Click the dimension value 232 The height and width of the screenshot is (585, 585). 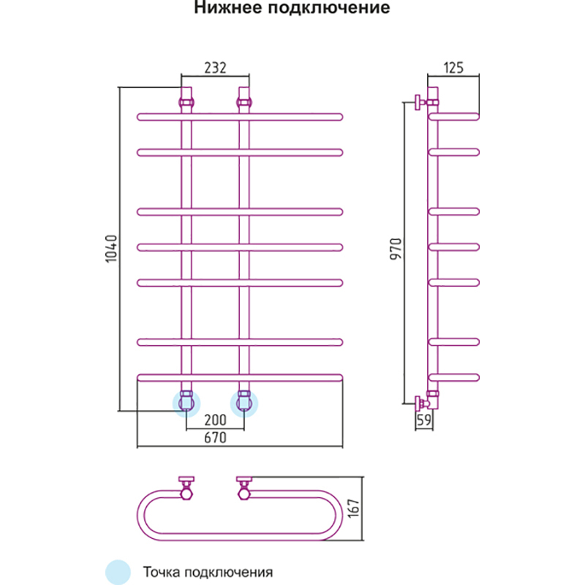(x=215, y=68)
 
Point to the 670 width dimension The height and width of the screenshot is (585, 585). (x=215, y=438)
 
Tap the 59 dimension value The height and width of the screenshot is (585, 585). (x=423, y=420)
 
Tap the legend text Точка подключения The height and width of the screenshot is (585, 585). (x=208, y=572)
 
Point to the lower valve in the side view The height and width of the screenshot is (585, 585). (x=423, y=403)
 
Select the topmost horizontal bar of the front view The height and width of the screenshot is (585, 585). (x=240, y=116)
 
